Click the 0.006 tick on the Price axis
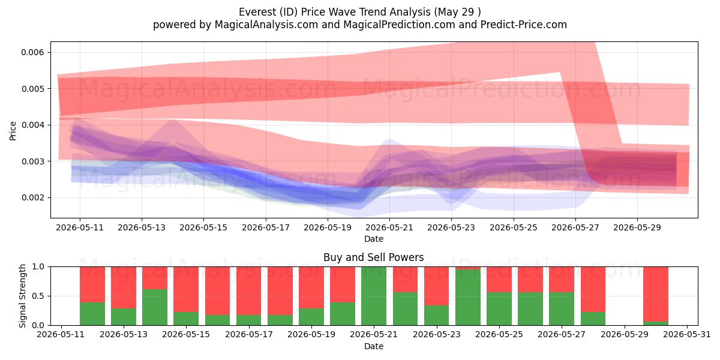[x=32, y=52]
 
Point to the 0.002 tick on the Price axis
[x=32, y=197]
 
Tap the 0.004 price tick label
[x=32, y=125]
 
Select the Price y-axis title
[x=13, y=131]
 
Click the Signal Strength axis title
[x=22, y=296]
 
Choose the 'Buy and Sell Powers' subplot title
[x=373, y=257]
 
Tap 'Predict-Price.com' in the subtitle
[x=524, y=25]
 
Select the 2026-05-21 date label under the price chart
[x=389, y=228]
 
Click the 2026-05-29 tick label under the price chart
[x=637, y=228]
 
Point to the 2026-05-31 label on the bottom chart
[x=687, y=335]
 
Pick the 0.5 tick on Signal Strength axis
[x=38, y=296]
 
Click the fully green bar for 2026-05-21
[x=374, y=296]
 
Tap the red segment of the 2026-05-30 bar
[x=656, y=294]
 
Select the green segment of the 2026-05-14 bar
[x=155, y=307]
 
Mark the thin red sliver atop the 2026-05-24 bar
[x=468, y=268]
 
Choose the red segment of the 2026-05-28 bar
[x=593, y=289]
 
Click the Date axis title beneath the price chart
[x=373, y=239]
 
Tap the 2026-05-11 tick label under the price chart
[x=80, y=228]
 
